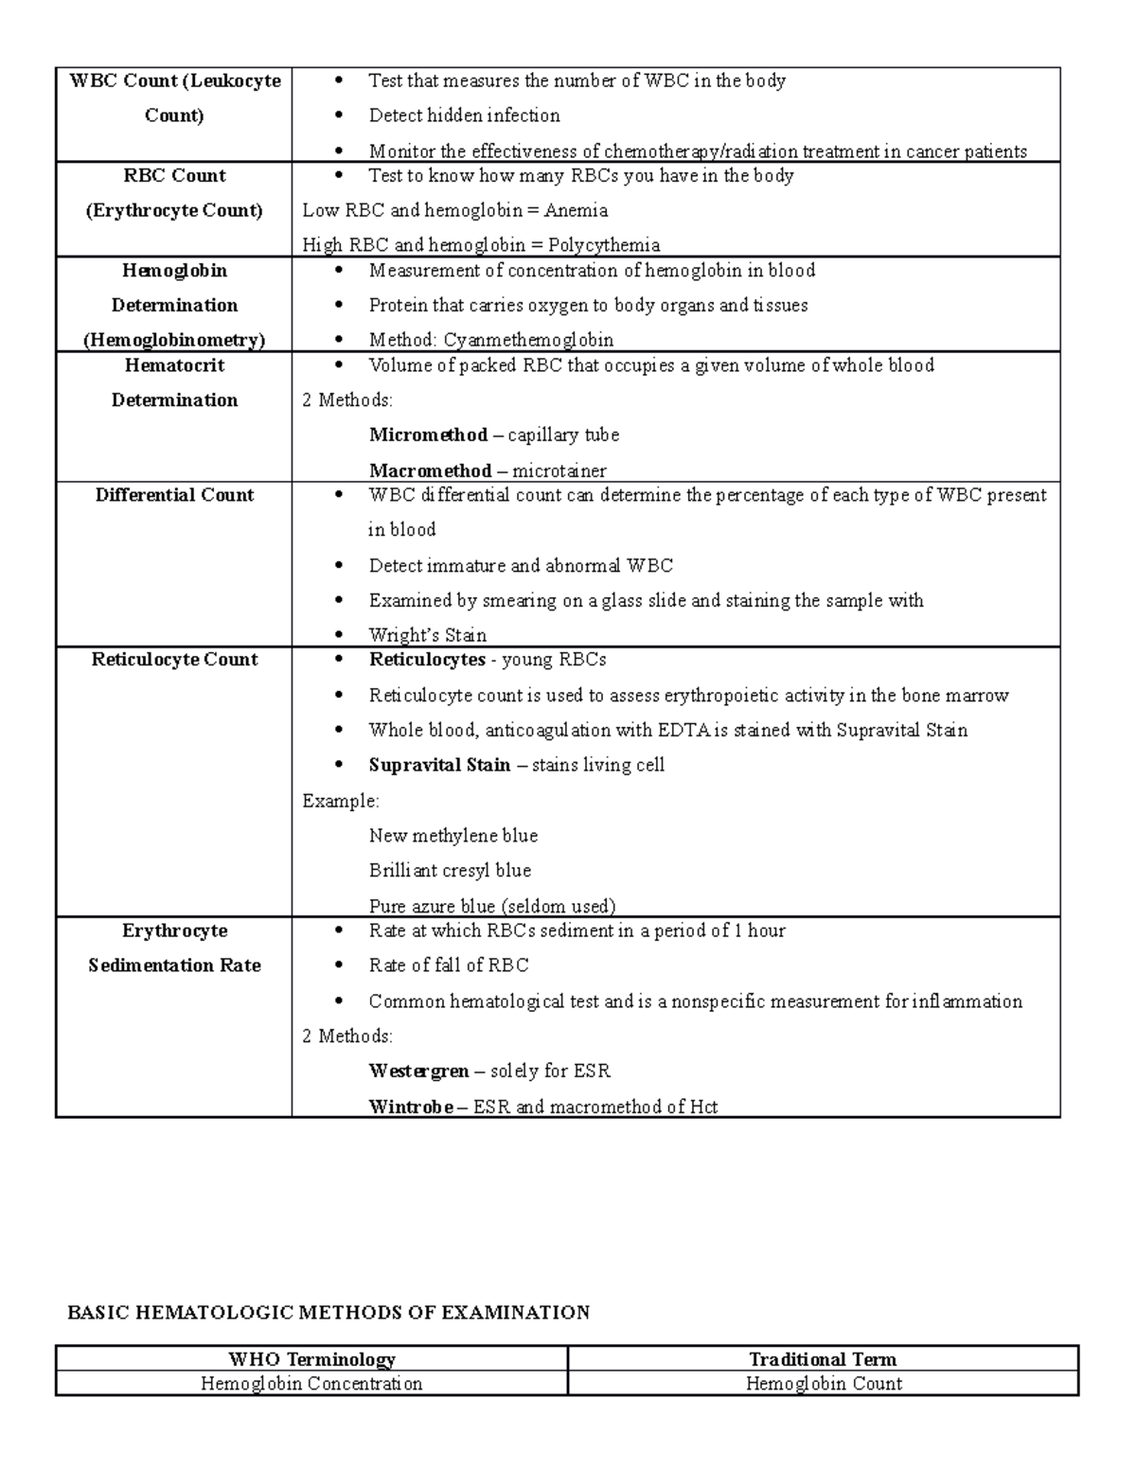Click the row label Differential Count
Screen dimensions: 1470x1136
174,495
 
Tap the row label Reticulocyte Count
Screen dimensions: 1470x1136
174,660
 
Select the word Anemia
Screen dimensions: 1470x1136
576,210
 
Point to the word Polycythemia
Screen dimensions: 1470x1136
604,245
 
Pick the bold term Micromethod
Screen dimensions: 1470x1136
428,435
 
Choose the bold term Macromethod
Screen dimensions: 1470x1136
430,470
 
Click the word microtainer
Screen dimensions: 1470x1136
559,470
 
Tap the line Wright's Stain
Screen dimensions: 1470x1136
428,635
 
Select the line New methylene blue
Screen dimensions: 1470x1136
453,836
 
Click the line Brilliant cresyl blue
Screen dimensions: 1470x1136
450,871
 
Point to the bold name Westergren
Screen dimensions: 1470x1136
418,1072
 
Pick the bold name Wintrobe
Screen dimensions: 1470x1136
411,1107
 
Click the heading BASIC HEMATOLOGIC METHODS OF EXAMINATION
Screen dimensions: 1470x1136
328,1313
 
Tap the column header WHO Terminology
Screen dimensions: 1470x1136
311,1359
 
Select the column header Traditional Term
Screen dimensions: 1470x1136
823,1359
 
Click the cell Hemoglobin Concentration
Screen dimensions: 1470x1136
311,1384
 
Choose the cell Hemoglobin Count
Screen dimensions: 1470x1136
824,1384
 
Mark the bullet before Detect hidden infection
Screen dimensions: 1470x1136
339,115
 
